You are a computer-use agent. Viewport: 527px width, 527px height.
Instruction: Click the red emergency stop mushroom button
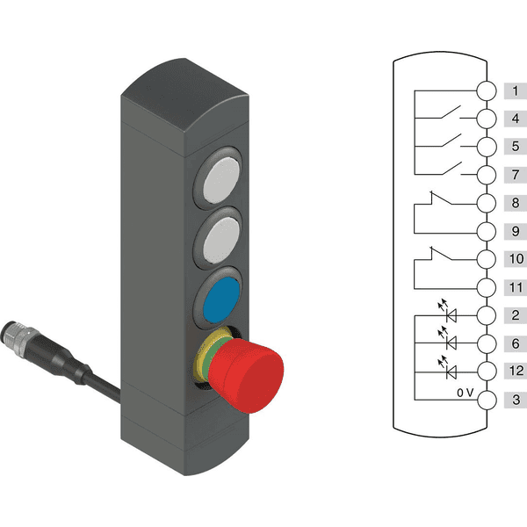coord(247,375)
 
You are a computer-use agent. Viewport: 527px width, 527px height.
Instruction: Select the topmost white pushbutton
coord(222,180)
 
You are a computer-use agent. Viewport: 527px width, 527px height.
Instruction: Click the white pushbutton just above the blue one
coord(221,240)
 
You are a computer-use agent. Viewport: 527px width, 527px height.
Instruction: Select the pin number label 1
coord(516,90)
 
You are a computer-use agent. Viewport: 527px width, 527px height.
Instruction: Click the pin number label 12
coord(516,371)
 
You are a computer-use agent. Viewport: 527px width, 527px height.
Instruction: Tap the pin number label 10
coord(516,259)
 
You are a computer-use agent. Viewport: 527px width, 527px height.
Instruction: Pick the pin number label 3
coord(516,400)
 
